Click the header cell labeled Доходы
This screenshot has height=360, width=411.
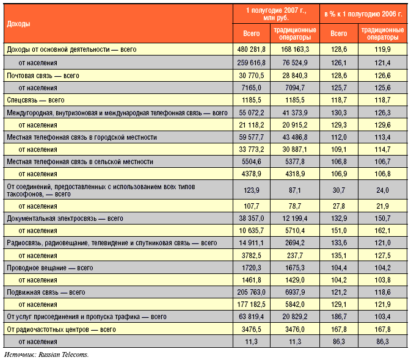18,24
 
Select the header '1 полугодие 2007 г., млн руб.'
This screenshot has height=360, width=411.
276,14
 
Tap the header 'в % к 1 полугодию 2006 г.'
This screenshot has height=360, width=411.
363,14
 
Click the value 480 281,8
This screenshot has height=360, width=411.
251,49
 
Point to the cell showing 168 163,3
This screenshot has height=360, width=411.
295,49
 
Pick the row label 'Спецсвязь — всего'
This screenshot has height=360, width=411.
35,100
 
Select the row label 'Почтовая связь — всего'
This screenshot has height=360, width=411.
43,76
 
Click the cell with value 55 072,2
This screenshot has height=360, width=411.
252,113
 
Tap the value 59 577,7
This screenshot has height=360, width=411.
252,137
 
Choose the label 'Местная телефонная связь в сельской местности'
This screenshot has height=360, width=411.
80,162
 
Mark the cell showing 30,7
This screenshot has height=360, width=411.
339,190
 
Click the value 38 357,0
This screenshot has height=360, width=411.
252,218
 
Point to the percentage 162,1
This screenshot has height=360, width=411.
382,231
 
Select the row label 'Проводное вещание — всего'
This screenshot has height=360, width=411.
50,268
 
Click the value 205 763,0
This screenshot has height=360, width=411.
251,292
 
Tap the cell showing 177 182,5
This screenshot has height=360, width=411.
251,304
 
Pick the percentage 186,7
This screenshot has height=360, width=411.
339,317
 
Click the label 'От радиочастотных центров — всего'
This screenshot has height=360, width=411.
61,329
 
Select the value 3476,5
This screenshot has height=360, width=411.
251,329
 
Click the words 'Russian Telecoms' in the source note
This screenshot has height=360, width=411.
63,355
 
